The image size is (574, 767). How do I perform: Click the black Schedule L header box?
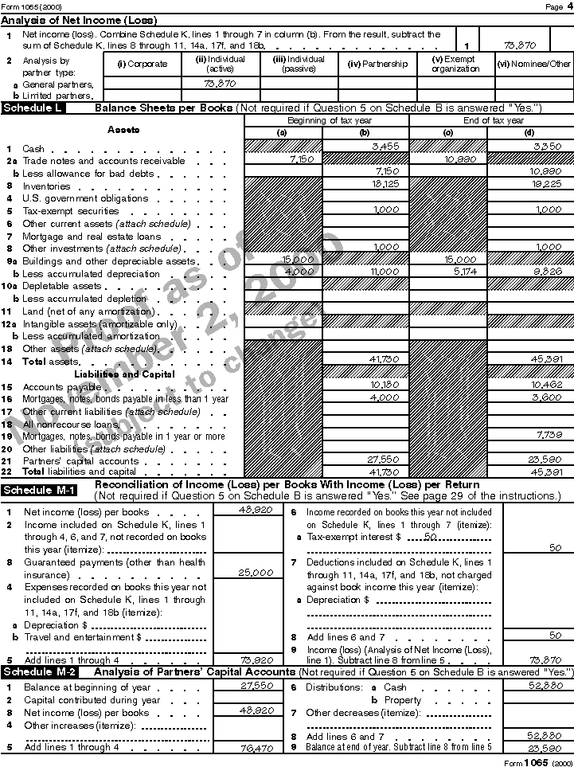pos(33,108)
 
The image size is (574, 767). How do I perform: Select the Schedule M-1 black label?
pos(40,490)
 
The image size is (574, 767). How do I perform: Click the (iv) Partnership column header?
pos(377,64)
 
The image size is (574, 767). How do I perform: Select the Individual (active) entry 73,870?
pos(220,83)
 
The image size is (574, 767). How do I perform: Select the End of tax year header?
pos(490,121)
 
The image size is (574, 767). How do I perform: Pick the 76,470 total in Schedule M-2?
pos(256,749)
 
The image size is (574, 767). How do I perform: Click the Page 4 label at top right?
pos(554,6)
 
